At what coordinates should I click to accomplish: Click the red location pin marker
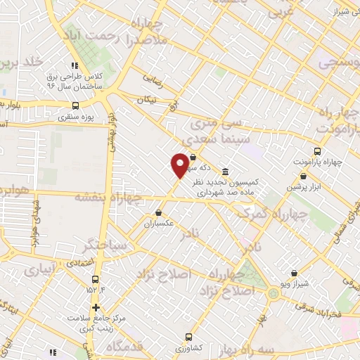click(180, 165)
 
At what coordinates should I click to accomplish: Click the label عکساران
click(158, 225)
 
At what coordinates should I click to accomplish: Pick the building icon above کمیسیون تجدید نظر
click(224, 172)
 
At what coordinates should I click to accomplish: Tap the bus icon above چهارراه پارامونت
click(317, 151)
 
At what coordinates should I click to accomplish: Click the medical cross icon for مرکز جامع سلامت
click(96, 308)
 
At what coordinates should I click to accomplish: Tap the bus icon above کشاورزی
click(188, 337)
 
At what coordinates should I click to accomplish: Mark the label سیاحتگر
click(103, 246)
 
